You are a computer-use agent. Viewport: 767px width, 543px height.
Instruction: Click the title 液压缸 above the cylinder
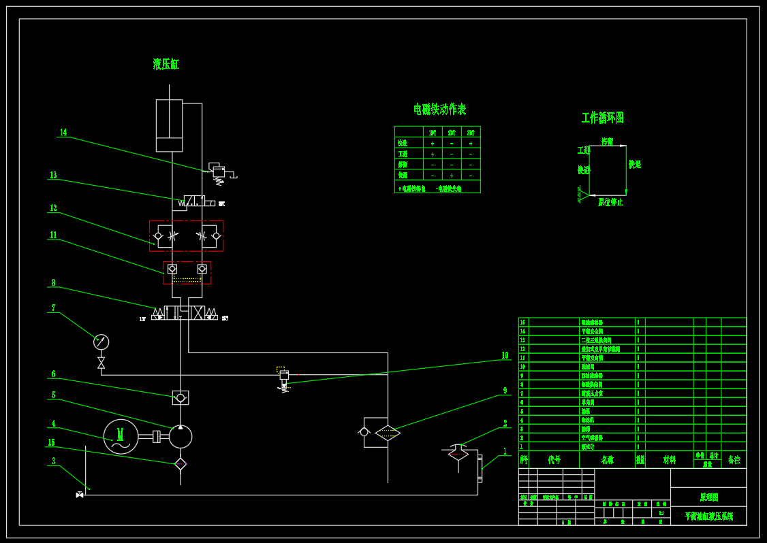tap(166, 64)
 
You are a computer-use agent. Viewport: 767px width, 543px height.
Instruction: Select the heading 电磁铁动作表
tap(439, 109)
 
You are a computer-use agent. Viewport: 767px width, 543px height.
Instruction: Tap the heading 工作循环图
tap(602, 118)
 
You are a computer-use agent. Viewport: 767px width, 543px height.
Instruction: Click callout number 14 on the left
tap(63, 133)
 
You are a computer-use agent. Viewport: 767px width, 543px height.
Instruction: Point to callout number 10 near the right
tap(505, 356)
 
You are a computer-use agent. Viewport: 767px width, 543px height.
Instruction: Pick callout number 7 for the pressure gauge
tap(53, 308)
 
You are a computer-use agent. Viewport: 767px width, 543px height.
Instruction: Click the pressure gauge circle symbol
tap(101, 342)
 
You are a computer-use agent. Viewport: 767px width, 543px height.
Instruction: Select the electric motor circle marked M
tap(121, 436)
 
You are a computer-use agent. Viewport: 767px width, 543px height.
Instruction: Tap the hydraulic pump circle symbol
tap(181, 436)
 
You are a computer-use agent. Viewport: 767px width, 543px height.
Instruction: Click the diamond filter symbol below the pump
tap(181, 464)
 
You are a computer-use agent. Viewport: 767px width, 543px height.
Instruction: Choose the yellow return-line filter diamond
tap(388, 433)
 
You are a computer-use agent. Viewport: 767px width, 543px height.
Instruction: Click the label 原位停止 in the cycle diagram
tap(610, 202)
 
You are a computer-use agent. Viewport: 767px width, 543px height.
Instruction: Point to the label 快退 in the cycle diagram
tap(635, 164)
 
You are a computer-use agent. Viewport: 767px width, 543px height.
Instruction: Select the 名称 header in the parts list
tap(607, 460)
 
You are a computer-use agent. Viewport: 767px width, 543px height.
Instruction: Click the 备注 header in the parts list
tap(734, 460)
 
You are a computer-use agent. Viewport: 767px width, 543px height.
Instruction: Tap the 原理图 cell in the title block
tap(708, 497)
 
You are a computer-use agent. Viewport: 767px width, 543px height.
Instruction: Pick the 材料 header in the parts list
tap(670, 460)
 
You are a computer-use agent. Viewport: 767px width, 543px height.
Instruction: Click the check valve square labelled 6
tap(181, 397)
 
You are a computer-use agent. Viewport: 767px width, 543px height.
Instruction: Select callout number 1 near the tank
tap(505, 451)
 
